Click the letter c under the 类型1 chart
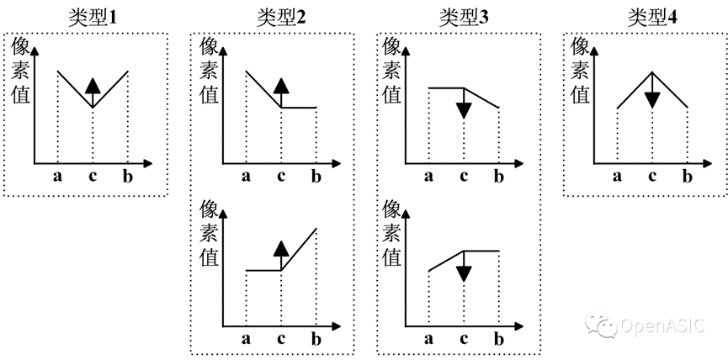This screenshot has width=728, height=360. point(93,176)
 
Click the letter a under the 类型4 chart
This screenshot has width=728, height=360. point(618,176)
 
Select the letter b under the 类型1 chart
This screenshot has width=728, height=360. point(127,176)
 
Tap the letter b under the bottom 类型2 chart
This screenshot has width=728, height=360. point(316,341)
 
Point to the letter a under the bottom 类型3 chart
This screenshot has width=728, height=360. point(429,341)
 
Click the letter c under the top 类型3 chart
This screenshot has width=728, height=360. point(464,176)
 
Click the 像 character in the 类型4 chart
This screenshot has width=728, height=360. point(581,46)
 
